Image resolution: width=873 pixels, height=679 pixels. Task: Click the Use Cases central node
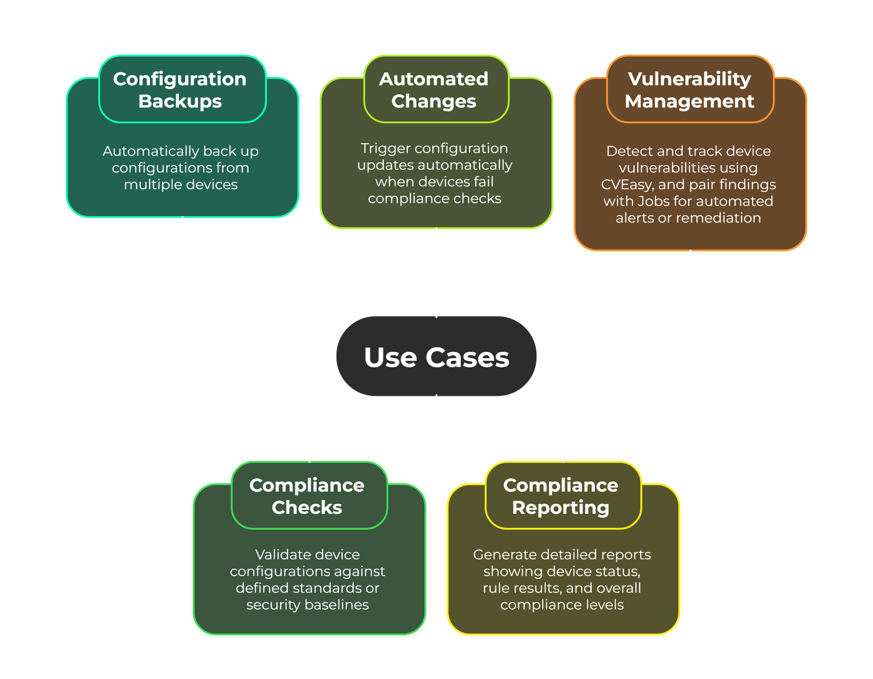[436, 357]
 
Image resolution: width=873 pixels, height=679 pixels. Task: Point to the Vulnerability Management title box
[690, 89]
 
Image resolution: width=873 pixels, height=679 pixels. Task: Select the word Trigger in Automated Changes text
[385, 149]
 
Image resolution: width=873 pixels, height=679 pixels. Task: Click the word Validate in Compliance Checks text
[278, 554]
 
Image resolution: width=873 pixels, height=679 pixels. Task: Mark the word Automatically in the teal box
[151, 151]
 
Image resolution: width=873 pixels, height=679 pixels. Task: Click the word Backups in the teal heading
[180, 101]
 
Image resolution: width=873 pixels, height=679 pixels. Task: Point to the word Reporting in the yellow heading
[560, 507]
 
